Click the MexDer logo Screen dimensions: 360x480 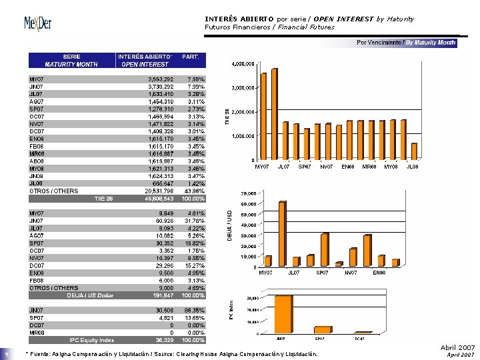coord(37,25)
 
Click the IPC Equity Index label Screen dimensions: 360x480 coord(92,340)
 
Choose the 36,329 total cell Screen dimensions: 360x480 coord(164,340)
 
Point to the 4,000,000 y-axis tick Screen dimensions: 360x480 coord(243,65)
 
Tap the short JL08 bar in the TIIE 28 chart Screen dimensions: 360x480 coord(414,152)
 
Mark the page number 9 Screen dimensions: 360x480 coord(6,354)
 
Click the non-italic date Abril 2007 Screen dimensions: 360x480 coord(457,347)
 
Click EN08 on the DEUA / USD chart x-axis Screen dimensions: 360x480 coord(378,272)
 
